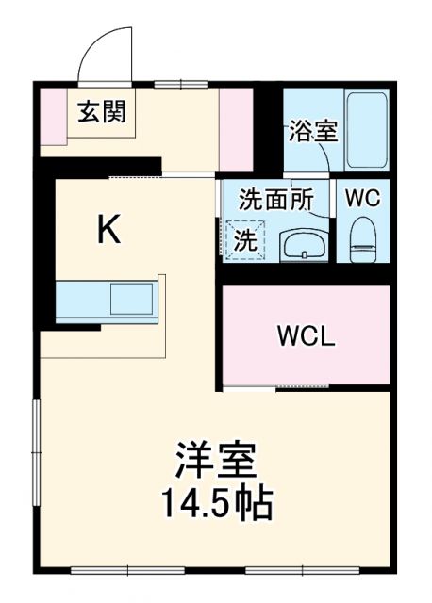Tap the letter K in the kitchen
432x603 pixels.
[109, 229]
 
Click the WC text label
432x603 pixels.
[361, 199]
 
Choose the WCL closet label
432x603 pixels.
[305, 336]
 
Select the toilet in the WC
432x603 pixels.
[362, 239]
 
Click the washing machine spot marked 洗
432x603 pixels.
[244, 239]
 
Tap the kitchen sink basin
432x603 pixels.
[131, 300]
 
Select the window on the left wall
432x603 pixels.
[37, 443]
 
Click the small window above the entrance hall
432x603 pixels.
[169, 86]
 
